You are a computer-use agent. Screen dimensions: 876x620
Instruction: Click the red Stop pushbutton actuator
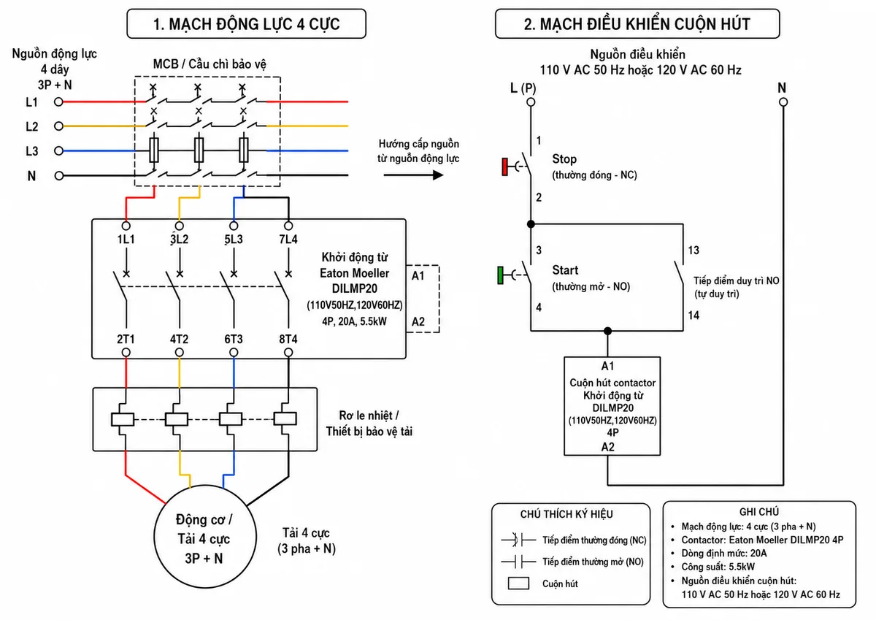pyautogui.click(x=505, y=167)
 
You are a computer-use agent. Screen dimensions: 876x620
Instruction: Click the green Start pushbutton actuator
pyautogui.click(x=500, y=275)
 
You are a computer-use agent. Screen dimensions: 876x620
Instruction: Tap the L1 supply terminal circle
pyautogui.click(x=58, y=102)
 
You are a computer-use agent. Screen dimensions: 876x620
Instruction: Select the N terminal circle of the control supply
pyautogui.click(x=783, y=102)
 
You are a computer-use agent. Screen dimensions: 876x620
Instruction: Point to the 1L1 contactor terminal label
pyautogui.click(x=126, y=239)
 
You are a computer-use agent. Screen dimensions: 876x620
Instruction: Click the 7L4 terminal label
pyautogui.click(x=288, y=239)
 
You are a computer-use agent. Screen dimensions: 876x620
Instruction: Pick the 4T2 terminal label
pyautogui.click(x=179, y=339)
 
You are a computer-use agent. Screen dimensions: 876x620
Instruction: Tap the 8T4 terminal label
pyautogui.click(x=288, y=339)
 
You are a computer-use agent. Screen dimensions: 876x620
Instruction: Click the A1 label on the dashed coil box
pyautogui.click(x=418, y=276)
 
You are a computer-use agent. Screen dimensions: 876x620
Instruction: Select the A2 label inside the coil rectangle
pyautogui.click(x=607, y=447)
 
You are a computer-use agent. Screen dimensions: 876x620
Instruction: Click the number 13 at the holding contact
pyautogui.click(x=693, y=250)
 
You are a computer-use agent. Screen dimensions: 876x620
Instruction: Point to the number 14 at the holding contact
pyautogui.click(x=693, y=315)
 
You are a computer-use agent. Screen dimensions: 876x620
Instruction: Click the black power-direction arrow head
pyautogui.click(x=438, y=175)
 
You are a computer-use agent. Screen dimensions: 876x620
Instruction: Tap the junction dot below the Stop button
pyautogui.click(x=531, y=224)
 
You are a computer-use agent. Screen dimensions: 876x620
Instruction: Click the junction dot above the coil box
pyautogui.click(x=607, y=331)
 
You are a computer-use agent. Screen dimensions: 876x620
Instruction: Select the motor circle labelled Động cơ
pyautogui.click(x=205, y=486)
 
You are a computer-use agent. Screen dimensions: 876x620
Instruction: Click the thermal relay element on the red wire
pyautogui.click(x=123, y=419)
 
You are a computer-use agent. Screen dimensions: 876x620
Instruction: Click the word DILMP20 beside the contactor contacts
pyautogui.click(x=354, y=288)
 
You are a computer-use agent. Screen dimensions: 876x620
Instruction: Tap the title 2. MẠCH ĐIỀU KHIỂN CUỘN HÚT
pyautogui.click(x=637, y=24)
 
